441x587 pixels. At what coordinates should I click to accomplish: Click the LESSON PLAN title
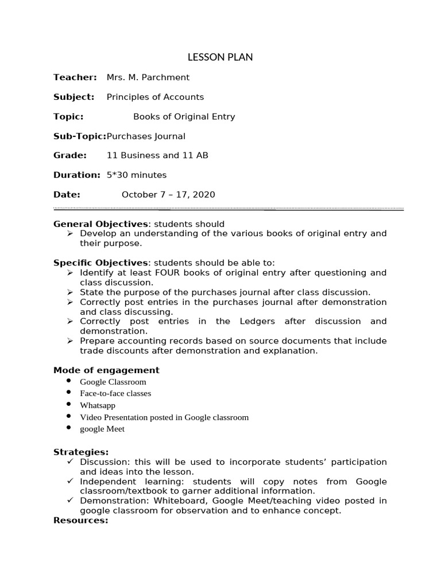click(220, 57)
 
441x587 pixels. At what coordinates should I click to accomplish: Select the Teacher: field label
click(75, 77)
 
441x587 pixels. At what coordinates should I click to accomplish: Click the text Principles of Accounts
click(155, 97)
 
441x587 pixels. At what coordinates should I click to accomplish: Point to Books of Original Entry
click(184, 116)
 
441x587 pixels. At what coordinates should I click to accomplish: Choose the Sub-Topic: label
click(80, 136)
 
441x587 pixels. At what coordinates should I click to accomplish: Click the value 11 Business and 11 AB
click(157, 155)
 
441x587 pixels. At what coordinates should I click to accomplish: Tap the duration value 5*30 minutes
click(137, 175)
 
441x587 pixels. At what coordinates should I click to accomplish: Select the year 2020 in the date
click(204, 194)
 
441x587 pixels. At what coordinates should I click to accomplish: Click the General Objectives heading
click(100, 224)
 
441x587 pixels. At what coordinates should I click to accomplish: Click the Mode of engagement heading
click(106, 370)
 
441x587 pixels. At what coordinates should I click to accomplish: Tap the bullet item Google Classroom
click(113, 382)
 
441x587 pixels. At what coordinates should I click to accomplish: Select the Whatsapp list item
click(98, 405)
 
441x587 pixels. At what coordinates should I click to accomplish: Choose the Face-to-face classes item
click(115, 393)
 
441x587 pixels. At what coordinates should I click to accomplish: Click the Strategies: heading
click(81, 452)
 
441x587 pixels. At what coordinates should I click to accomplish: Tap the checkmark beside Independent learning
click(69, 482)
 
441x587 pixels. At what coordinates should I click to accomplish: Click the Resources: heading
click(81, 520)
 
